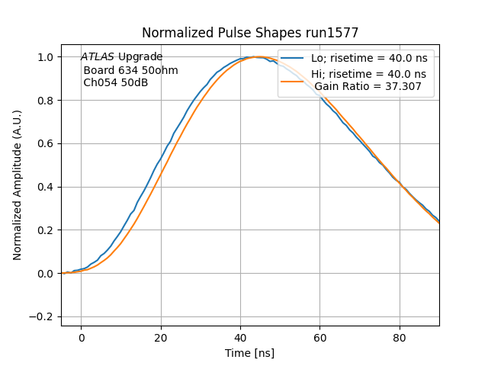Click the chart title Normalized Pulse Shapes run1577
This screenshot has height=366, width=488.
click(x=250, y=33)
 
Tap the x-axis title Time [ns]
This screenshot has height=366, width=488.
click(x=249, y=353)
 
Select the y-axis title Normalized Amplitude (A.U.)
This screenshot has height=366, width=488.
click(x=18, y=185)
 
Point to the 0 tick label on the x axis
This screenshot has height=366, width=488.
click(x=81, y=338)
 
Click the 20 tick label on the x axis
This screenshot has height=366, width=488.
click(x=161, y=338)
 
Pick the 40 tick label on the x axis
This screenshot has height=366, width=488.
click(x=240, y=338)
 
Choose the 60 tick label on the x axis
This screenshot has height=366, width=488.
click(x=320, y=338)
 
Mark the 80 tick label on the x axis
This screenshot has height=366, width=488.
click(x=400, y=338)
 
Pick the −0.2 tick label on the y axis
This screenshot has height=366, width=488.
click(x=43, y=316)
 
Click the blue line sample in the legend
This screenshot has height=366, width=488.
click(x=294, y=58)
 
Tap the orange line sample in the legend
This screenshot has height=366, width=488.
click(x=294, y=81)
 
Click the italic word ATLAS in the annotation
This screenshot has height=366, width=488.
click(x=98, y=57)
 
